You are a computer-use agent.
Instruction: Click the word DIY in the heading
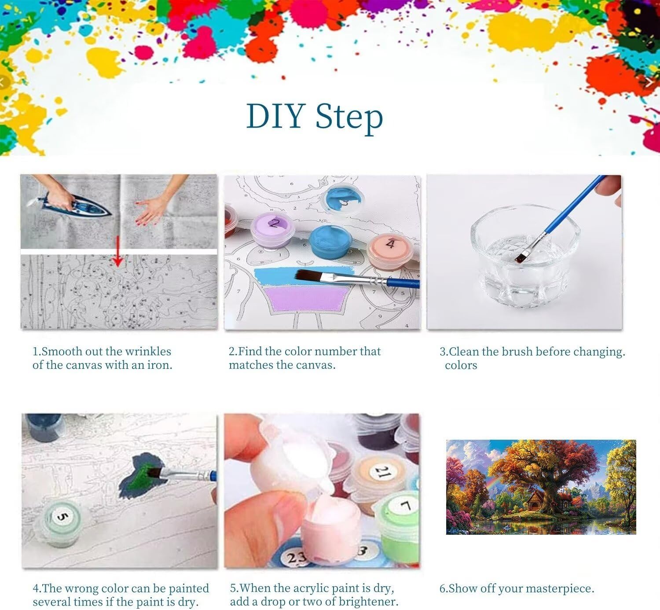275,116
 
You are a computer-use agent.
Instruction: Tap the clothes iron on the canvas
75,206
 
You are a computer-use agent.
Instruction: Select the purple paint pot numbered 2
272,230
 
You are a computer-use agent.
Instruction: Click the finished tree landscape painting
541,487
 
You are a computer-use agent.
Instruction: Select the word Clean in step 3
463,352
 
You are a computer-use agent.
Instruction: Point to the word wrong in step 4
82,588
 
